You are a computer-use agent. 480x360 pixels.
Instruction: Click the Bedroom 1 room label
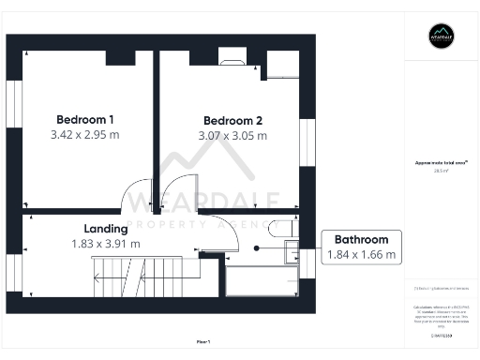point(85,119)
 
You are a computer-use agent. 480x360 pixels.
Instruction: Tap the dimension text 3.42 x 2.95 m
point(85,135)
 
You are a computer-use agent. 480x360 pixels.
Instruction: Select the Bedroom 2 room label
point(232,120)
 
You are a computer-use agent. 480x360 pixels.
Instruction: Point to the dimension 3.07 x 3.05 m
point(232,136)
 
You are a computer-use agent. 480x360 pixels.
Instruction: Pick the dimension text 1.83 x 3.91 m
point(105,244)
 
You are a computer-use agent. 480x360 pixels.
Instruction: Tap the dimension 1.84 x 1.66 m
point(361,254)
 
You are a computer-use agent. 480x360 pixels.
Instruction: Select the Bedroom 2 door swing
point(174,194)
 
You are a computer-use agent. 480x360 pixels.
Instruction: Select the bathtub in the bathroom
point(262,278)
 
